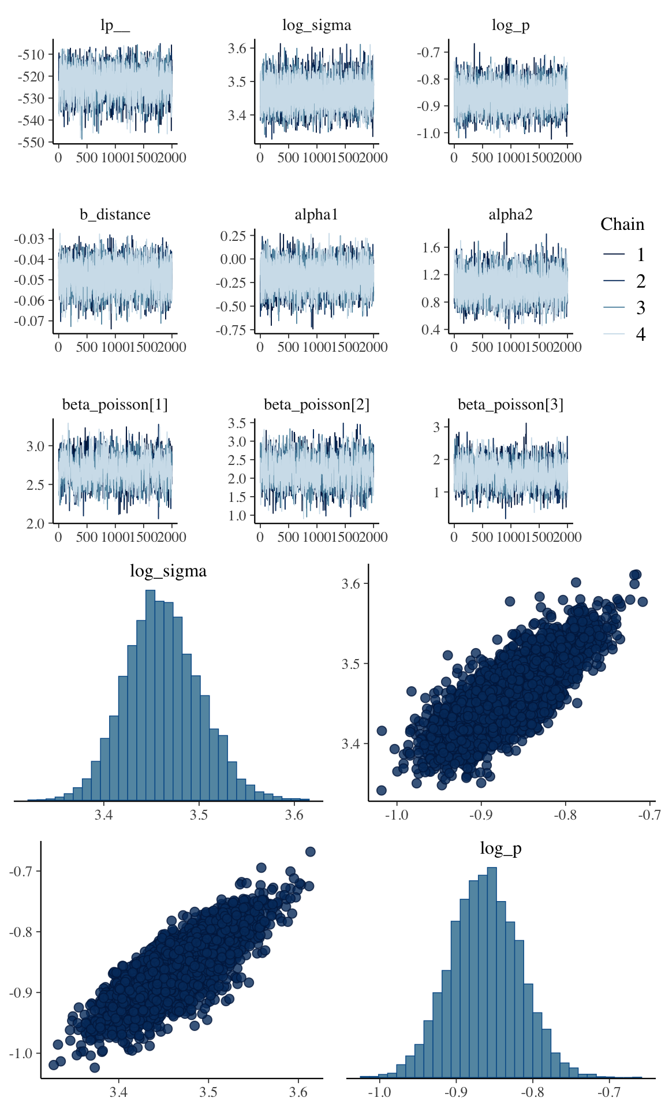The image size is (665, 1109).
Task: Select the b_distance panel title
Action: [x=115, y=215]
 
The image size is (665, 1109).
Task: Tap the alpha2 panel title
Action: [x=510, y=215]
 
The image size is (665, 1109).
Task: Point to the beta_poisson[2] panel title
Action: [x=316, y=404]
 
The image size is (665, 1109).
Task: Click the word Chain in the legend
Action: [x=622, y=224]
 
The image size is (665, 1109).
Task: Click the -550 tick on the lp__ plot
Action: [x=31, y=142]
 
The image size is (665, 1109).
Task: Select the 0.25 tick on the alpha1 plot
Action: [x=233, y=236]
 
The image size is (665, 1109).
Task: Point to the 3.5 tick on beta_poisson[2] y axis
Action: [x=237, y=423]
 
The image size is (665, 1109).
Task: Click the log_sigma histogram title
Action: [x=168, y=571]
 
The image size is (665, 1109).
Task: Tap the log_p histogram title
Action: [x=500, y=849]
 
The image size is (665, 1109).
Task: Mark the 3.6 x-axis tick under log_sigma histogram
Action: [x=294, y=815]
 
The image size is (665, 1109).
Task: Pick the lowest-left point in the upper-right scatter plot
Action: [x=381, y=790]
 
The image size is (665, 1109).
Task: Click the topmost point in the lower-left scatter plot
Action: [x=310, y=851]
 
